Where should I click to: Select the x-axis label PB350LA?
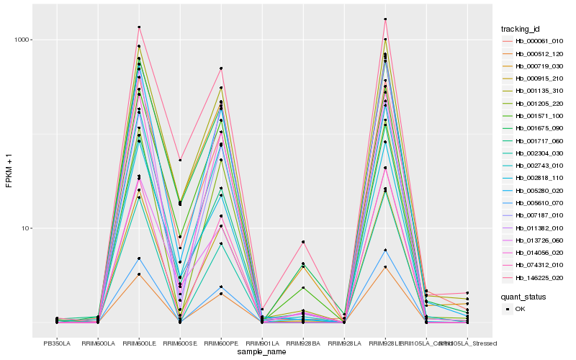pos(57,343)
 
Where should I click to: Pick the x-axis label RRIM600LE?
pos(139,343)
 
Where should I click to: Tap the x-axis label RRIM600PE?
pos(221,343)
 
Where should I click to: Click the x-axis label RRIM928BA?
pos(303,343)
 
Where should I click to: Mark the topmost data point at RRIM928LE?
pos(385,19)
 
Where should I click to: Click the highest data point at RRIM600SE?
pos(180,160)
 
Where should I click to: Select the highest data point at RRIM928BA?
pos(303,242)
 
